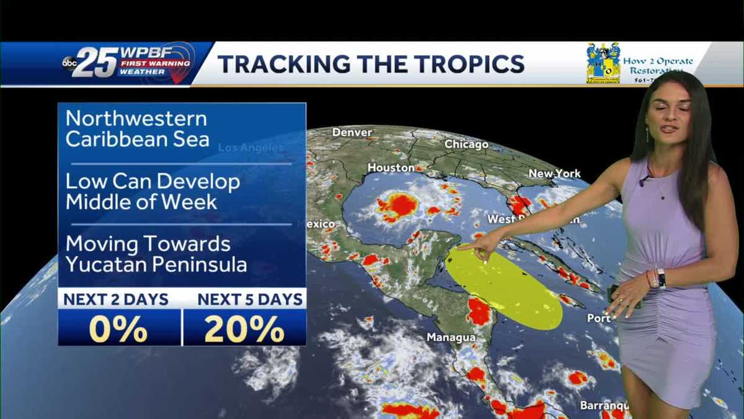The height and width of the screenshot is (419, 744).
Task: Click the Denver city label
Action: [352, 132]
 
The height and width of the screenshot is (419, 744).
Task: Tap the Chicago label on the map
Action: [466, 145]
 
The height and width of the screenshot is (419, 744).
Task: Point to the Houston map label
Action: [391, 168]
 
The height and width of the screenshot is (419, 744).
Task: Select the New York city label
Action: [554, 174]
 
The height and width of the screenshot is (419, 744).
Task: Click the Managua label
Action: [451, 338]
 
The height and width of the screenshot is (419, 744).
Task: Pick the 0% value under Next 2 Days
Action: [118, 328]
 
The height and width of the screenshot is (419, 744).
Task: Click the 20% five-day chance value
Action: [244, 328]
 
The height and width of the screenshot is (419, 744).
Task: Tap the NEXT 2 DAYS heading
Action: [116, 299]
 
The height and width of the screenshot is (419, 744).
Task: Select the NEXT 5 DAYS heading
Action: [250, 299]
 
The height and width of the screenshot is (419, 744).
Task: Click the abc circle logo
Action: [69, 62]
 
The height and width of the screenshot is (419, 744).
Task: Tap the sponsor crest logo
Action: [603, 63]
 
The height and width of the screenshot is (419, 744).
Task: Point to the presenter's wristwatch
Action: [661, 278]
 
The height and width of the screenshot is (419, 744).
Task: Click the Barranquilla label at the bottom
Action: [604, 405]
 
